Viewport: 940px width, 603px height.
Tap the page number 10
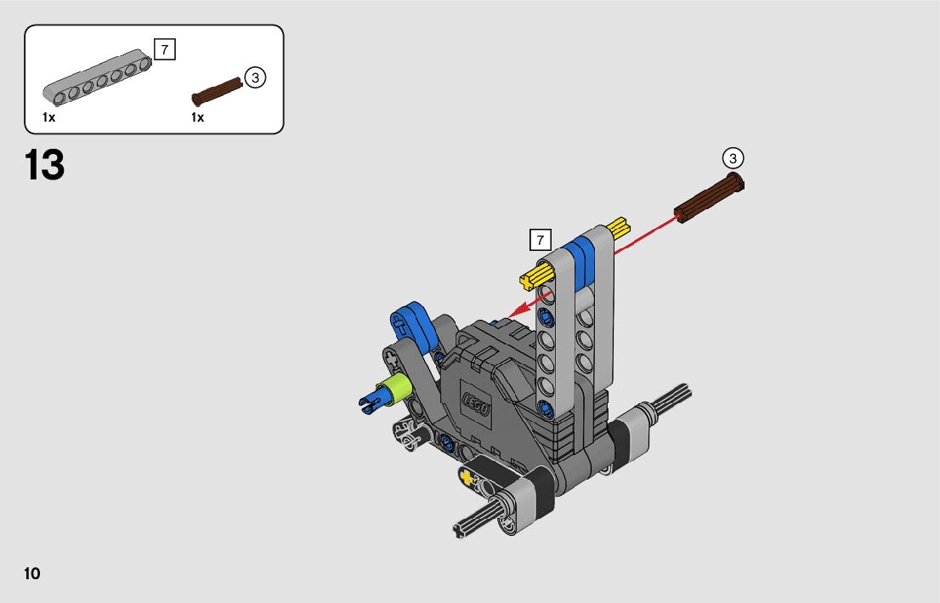coord(31,573)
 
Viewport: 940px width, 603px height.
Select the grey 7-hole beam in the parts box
coord(97,77)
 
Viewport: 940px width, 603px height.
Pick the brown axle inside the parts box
coord(217,92)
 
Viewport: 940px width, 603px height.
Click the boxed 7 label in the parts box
coord(165,49)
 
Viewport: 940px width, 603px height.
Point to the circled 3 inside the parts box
coord(255,77)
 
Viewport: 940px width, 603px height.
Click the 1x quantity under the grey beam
coord(48,117)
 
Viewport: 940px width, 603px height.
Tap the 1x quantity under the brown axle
coord(198,117)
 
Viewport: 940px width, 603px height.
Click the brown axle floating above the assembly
coord(709,197)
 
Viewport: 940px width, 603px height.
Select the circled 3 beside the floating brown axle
coord(733,158)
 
